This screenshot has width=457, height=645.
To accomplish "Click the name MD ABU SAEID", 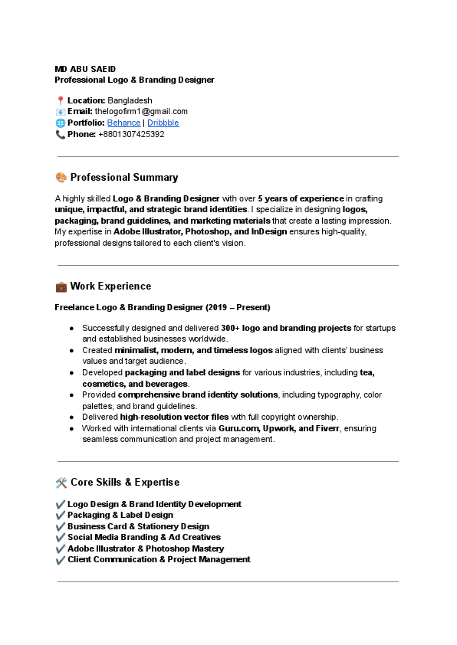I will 84,69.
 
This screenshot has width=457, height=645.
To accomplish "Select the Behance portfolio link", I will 123,123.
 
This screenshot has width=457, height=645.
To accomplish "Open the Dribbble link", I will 163,123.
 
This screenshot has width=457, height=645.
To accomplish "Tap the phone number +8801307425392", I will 131,134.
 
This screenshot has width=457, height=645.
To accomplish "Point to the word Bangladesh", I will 130,100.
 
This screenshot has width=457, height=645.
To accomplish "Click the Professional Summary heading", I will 124,178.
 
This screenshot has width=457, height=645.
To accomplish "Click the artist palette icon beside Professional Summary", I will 61,178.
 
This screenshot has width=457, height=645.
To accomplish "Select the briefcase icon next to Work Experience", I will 61,286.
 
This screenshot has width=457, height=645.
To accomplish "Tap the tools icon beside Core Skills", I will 61,483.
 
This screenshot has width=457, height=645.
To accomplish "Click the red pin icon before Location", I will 61,100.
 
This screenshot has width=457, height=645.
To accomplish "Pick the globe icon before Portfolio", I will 61,123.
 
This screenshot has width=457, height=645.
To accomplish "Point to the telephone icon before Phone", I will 61,134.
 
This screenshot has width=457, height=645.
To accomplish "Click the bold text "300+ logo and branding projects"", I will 285,328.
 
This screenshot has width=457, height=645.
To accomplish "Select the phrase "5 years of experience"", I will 301,198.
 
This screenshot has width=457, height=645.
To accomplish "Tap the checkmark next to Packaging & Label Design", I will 61,516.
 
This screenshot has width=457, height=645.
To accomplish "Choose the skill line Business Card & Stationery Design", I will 138,526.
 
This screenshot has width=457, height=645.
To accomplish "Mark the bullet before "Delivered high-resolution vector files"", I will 71,417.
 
